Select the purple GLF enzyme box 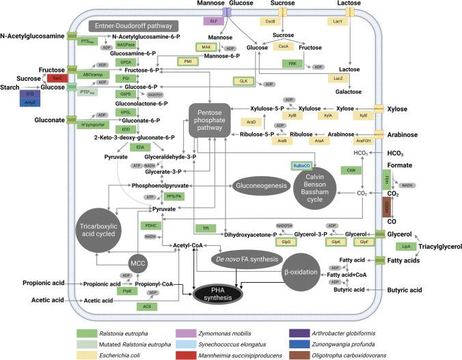(x=214, y=21)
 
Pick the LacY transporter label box (x=357, y=22)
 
